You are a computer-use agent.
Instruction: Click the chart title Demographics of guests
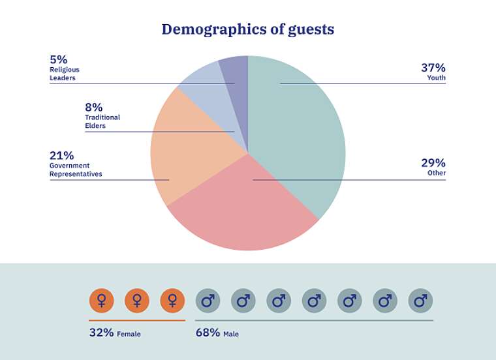[x=248, y=29]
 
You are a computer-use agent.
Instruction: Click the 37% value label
[x=433, y=67]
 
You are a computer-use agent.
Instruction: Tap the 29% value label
[x=433, y=162]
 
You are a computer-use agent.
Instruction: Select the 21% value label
[x=61, y=155]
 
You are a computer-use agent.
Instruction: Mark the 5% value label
[x=58, y=59]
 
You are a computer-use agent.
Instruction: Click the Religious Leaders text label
[x=63, y=74]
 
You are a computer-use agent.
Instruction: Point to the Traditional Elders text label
[x=102, y=121]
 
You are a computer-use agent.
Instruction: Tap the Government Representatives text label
[x=76, y=170]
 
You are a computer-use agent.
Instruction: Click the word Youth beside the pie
[x=436, y=78]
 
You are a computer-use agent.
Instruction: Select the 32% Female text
[x=115, y=333]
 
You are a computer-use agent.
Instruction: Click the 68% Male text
[x=217, y=333]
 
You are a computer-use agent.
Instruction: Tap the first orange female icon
[x=101, y=301]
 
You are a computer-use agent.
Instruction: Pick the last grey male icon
[x=420, y=301]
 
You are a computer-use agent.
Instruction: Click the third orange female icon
[x=172, y=301]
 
